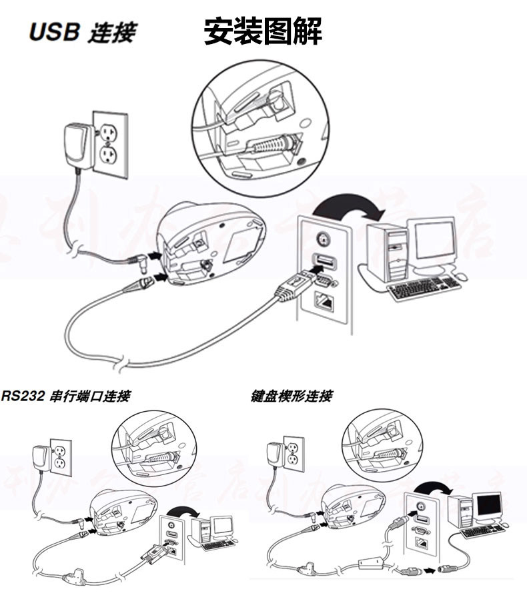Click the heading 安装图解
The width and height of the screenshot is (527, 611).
click(263, 32)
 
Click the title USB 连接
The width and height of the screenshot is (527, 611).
click(82, 33)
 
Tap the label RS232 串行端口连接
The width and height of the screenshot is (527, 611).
click(65, 396)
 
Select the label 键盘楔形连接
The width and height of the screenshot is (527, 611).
click(292, 396)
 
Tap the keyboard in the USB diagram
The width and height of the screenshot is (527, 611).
click(424, 289)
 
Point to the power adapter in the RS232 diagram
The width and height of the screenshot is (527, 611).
click(41, 460)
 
